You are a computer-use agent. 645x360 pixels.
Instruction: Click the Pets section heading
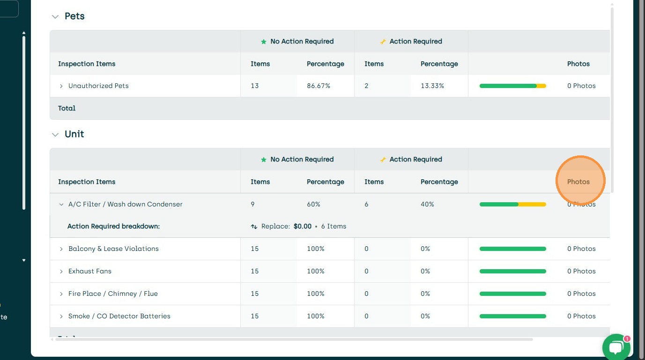pyautogui.click(x=74, y=16)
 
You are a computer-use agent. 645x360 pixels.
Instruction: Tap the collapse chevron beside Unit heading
pyautogui.click(x=55, y=134)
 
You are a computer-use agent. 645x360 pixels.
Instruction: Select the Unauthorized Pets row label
pyautogui.click(x=98, y=86)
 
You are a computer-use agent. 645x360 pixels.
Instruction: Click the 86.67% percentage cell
pyautogui.click(x=319, y=86)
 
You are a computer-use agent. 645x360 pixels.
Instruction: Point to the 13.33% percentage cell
pyautogui.click(x=432, y=86)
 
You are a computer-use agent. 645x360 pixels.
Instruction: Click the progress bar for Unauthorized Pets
pyautogui.click(x=512, y=86)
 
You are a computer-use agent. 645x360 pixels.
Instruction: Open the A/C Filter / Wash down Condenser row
pyautogui.click(x=125, y=204)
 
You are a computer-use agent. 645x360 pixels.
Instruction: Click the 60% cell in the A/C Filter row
pyautogui.click(x=313, y=204)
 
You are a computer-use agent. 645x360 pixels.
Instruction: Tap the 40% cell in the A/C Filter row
pyautogui.click(x=427, y=204)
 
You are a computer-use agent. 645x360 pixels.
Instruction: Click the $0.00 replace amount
pyautogui.click(x=303, y=226)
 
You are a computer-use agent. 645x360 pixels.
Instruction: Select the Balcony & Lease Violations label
pyautogui.click(x=113, y=249)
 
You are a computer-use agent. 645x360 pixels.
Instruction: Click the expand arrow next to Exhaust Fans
pyautogui.click(x=61, y=272)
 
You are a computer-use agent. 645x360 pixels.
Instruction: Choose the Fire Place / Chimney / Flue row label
pyautogui.click(x=113, y=294)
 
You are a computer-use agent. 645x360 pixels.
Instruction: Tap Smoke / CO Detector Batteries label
pyautogui.click(x=119, y=316)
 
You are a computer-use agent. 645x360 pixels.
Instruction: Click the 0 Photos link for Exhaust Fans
pyautogui.click(x=581, y=271)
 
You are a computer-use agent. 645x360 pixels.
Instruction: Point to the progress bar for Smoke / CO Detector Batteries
pyautogui.click(x=512, y=316)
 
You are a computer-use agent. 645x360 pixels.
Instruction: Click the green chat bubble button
pyautogui.click(x=616, y=347)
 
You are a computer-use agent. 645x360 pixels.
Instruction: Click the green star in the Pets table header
pyautogui.click(x=264, y=42)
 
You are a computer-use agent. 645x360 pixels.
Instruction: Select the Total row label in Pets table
pyautogui.click(x=67, y=108)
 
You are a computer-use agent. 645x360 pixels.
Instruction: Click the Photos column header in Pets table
pyautogui.click(x=578, y=64)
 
